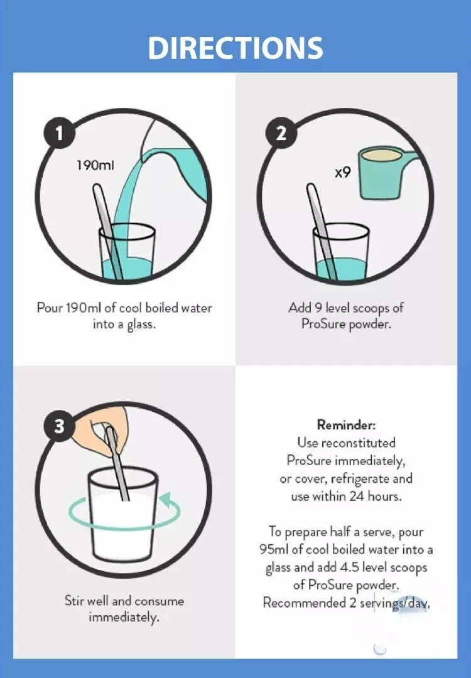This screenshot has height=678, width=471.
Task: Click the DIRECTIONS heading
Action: tap(235, 48)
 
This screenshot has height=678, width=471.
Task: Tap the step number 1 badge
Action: tap(59, 132)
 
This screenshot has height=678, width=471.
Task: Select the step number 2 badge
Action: tap(281, 132)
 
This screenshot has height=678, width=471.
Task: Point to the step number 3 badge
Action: tap(59, 426)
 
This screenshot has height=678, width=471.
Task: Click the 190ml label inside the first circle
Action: tap(95, 164)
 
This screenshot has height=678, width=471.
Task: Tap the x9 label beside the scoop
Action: tap(343, 173)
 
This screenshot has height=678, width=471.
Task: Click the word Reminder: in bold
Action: tap(346, 424)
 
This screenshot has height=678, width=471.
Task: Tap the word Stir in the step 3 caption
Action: tap(74, 600)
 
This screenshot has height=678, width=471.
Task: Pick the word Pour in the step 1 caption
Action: tap(50, 308)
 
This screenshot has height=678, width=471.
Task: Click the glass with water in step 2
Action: tap(341, 253)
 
